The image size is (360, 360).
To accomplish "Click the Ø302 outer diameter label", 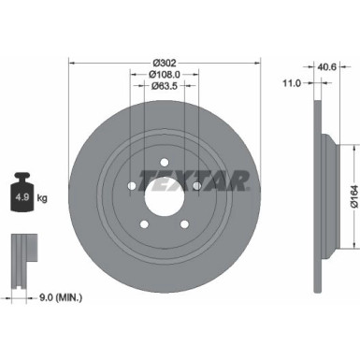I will point(165,62).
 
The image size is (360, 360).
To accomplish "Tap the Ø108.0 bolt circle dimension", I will point(165,76).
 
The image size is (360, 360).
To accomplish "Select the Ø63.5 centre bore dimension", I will point(165,89).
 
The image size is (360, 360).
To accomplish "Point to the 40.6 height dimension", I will point(327,65).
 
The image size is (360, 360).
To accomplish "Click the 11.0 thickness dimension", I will point(291,84).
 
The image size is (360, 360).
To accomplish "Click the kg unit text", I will point(43,197).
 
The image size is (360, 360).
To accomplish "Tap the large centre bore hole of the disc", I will point(165,197).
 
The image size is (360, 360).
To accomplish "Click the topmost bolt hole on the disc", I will point(165,163).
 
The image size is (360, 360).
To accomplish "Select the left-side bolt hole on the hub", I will point(133,187).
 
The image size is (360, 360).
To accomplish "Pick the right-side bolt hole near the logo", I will point(197,187).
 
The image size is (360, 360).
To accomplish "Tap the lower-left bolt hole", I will point(145,225).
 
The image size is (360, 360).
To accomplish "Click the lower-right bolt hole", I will point(185,225).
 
